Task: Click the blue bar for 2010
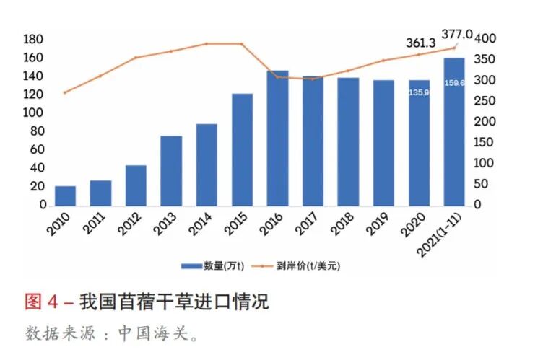[x=65, y=196]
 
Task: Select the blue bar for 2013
[x=171, y=170]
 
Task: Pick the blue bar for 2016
[x=277, y=138]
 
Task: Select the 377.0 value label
[x=458, y=34]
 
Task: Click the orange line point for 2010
[x=65, y=92]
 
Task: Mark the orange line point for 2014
[x=207, y=44]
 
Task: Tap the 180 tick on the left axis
[x=34, y=38]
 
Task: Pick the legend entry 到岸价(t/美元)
[x=307, y=265]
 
